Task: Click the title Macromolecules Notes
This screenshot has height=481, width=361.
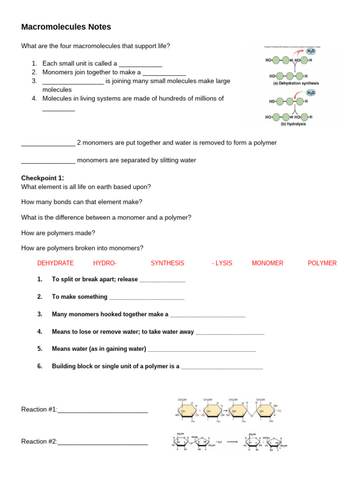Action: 66,27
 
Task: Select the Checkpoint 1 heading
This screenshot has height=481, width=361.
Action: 42,178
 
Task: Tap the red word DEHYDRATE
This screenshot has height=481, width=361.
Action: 55,263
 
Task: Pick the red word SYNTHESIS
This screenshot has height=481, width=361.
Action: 167,263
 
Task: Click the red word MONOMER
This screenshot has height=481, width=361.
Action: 267,263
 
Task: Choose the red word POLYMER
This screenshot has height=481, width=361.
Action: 322,263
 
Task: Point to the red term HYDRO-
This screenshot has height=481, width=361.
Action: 105,263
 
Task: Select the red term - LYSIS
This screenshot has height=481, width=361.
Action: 222,263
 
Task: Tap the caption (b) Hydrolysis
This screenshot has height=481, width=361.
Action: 293,124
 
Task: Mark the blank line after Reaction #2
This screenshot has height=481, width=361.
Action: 103,442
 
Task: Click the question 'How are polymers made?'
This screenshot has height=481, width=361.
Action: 58,233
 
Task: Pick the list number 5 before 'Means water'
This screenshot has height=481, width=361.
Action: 40,349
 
